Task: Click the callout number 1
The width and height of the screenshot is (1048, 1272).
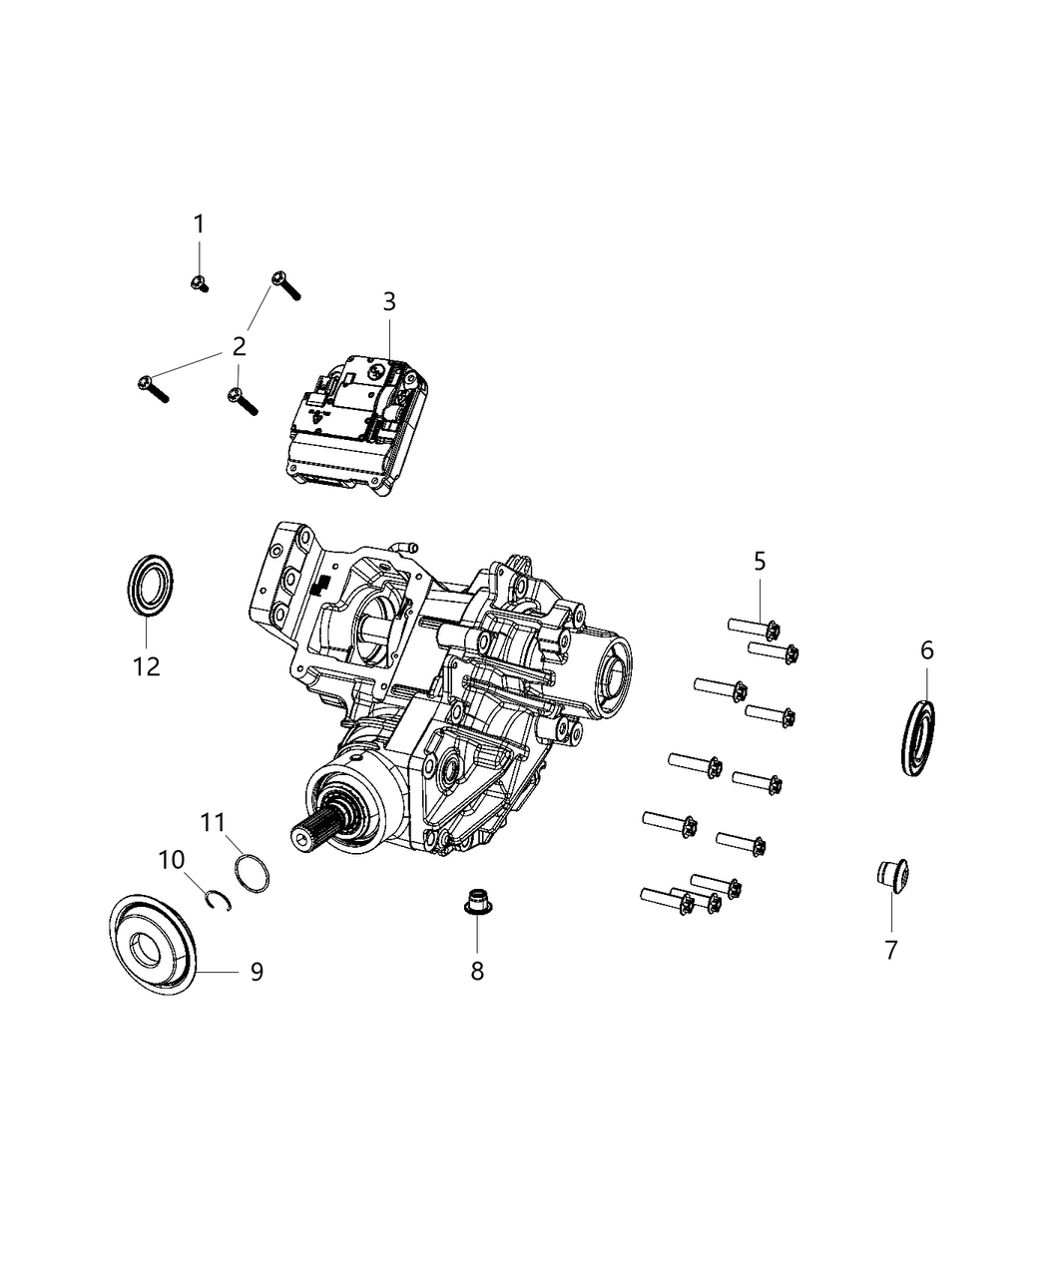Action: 199,224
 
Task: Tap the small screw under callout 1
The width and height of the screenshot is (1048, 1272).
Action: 199,283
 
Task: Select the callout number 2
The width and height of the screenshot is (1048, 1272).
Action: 238,347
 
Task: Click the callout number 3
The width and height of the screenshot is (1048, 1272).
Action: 389,301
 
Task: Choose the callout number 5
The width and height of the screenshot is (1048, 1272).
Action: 760,562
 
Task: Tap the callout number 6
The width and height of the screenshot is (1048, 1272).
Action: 927,651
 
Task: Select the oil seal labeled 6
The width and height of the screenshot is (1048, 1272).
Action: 919,739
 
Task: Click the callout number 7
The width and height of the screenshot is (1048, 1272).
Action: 891,951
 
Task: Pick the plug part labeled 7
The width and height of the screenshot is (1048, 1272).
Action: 884,874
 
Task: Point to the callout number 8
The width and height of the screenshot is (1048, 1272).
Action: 477,971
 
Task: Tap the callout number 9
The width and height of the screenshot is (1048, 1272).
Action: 257,971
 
